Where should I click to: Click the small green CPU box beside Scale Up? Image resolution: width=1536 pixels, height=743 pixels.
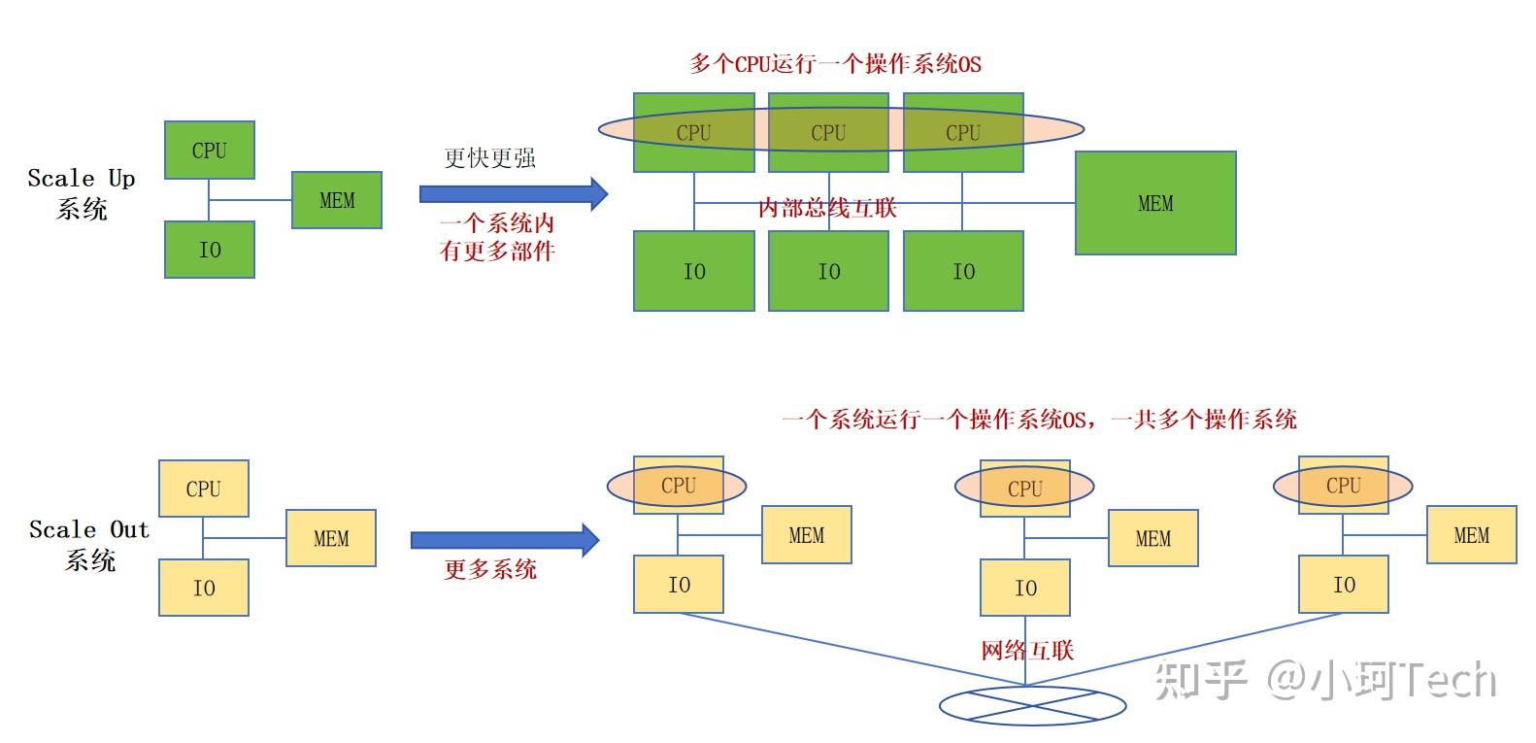click(209, 151)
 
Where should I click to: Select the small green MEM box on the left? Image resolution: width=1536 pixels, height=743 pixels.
click(336, 200)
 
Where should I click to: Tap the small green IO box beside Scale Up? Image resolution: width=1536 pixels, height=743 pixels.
click(209, 250)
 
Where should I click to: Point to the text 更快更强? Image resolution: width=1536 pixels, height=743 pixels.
click(489, 158)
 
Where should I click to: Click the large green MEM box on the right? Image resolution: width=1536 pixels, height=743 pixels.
click(1154, 203)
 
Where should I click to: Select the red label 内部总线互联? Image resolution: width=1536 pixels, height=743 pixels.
click(826, 208)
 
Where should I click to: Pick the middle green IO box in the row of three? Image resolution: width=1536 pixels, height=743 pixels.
click(828, 271)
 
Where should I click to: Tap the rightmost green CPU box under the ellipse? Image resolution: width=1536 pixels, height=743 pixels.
click(963, 133)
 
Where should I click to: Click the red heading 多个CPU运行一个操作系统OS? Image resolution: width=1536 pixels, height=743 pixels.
click(835, 64)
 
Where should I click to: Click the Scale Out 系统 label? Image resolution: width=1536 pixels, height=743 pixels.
click(88, 545)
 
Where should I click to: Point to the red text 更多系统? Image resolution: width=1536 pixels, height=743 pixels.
click(490, 569)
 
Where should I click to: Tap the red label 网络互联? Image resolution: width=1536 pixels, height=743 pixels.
click(1027, 651)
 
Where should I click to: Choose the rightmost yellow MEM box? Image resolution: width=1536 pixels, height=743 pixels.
click(1471, 535)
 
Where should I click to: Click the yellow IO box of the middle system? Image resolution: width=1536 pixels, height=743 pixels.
click(1025, 588)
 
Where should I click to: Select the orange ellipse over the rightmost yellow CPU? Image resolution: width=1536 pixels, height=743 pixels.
click(1343, 486)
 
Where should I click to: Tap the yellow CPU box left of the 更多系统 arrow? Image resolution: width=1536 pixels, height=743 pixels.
click(203, 489)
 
